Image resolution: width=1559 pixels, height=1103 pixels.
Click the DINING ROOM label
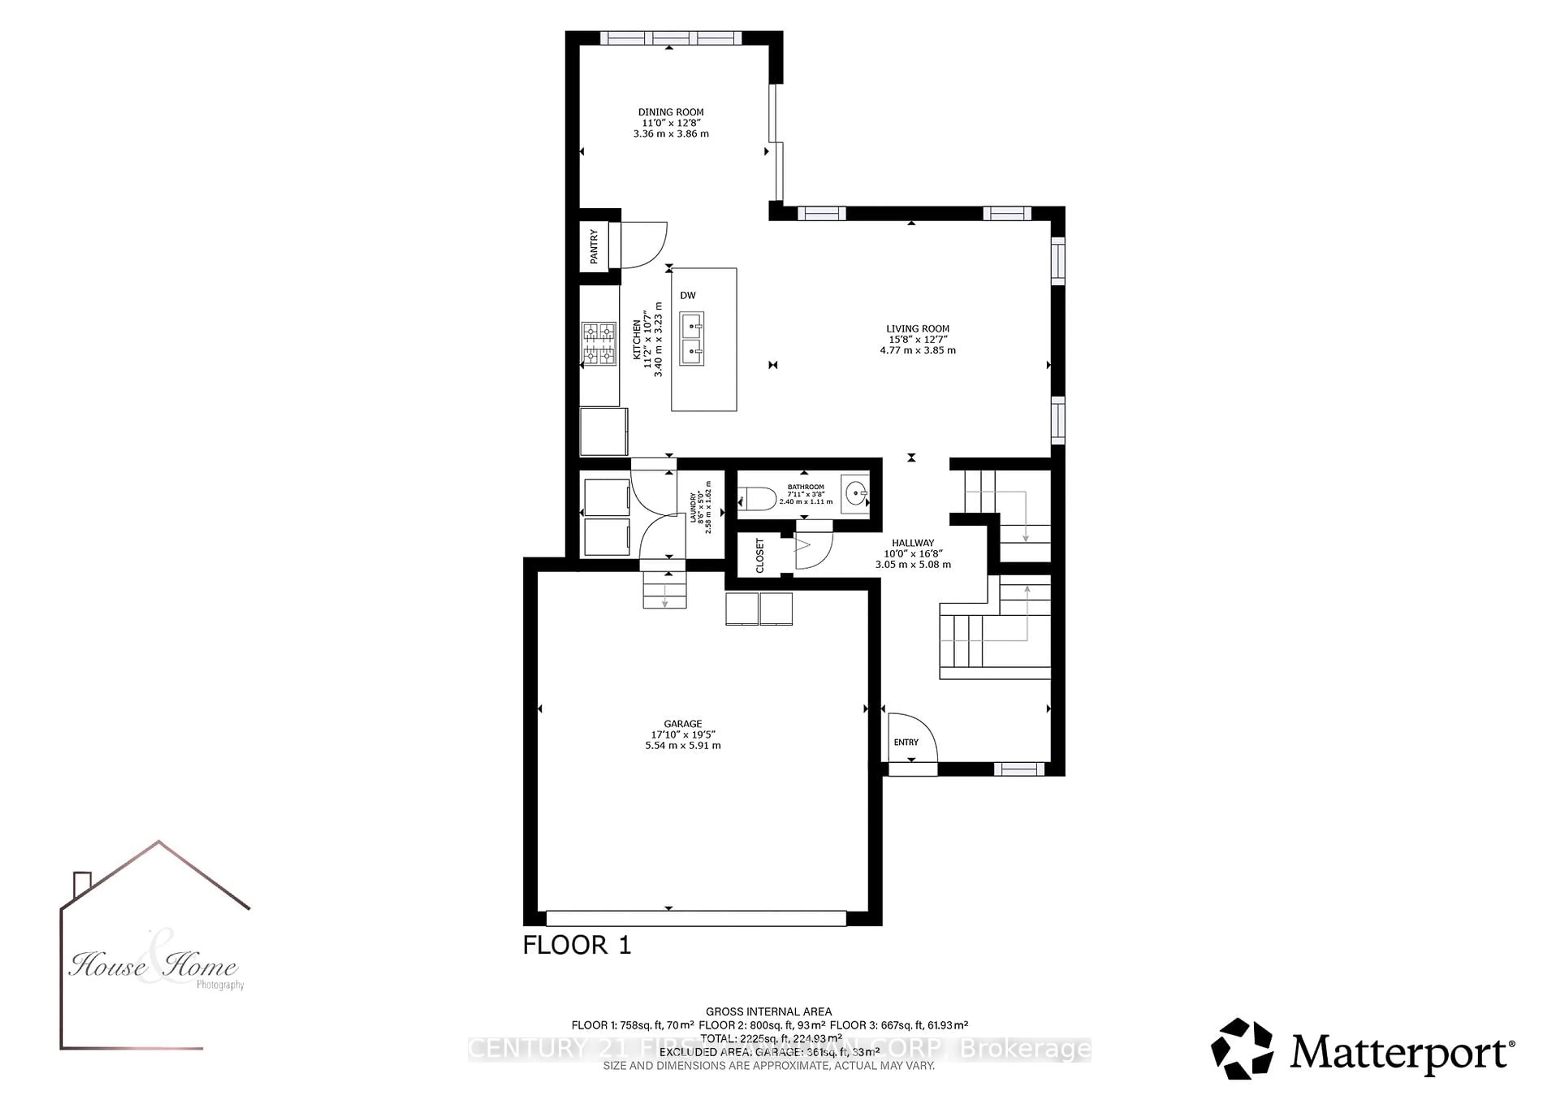click(x=670, y=112)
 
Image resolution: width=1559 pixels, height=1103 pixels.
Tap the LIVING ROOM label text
click(x=918, y=329)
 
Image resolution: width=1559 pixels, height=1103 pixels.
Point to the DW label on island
click(x=687, y=296)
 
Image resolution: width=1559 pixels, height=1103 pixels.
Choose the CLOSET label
click(x=760, y=556)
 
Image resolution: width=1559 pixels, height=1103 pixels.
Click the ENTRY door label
click(x=906, y=742)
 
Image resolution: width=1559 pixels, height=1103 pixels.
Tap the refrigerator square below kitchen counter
click(x=603, y=431)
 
